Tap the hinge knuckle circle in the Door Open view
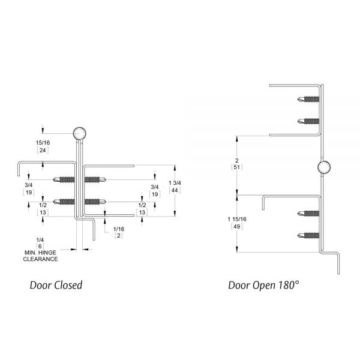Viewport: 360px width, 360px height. click(x=323, y=168)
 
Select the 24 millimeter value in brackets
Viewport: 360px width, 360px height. click(x=41, y=151)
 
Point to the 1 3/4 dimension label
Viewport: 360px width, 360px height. click(x=175, y=182)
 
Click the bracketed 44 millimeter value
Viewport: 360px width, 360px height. click(x=175, y=190)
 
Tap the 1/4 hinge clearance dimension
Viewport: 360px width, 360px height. click(x=40, y=239)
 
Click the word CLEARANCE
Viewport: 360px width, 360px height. click(x=40, y=259)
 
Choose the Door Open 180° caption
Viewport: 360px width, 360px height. click(x=263, y=285)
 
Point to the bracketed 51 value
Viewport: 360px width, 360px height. click(x=238, y=167)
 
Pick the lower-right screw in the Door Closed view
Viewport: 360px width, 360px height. click(x=95, y=201)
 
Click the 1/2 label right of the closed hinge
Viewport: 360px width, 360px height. click(x=142, y=205)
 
